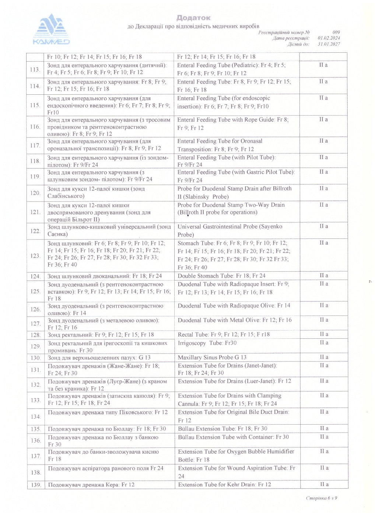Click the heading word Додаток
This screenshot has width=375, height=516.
coord(193,18)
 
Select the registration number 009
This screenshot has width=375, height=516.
coord(336,32)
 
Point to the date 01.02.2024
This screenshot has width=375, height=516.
coord(329,38)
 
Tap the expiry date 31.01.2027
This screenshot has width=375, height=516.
coord(329,44)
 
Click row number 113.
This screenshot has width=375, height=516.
coord(35,69)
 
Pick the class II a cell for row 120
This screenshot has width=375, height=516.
coord(323,189)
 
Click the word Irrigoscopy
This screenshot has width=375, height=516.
coord(192,343)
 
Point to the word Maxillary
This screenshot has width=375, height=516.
coord(190,358)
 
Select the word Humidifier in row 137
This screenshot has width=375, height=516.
coord(281,451)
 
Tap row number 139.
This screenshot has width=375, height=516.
coord(36,485)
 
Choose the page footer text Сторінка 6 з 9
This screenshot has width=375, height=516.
coord(321,498)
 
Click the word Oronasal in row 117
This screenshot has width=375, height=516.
coord(252,141)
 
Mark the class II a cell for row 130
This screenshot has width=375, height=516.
coord(324,357)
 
